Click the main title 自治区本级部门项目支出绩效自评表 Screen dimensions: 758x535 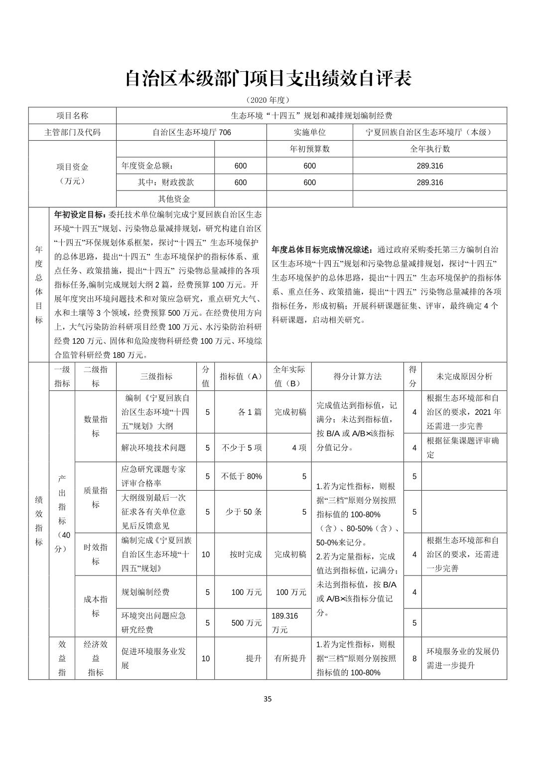coord(267,79)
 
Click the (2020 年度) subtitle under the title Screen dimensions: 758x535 coord(267,100)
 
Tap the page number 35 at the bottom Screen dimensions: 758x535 coord(267,699)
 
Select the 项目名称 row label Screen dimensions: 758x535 coord(72,116)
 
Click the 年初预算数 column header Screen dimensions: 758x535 coord(309,149)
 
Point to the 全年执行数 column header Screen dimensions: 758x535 coord(429,149)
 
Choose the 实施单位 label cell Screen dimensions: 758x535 coord(309,132)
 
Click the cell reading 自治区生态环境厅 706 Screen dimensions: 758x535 coord(191,132)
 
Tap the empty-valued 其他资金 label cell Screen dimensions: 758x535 coord(174,199)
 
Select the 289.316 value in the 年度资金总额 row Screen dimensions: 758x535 coord(429,166)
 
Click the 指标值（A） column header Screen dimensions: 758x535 coord(241,377)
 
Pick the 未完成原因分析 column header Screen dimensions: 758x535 coord(464,377)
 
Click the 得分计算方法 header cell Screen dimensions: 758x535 coord(357,377)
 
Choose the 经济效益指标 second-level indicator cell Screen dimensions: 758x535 coord(96,658)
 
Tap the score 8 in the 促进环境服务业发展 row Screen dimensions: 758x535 coord(414,658)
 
